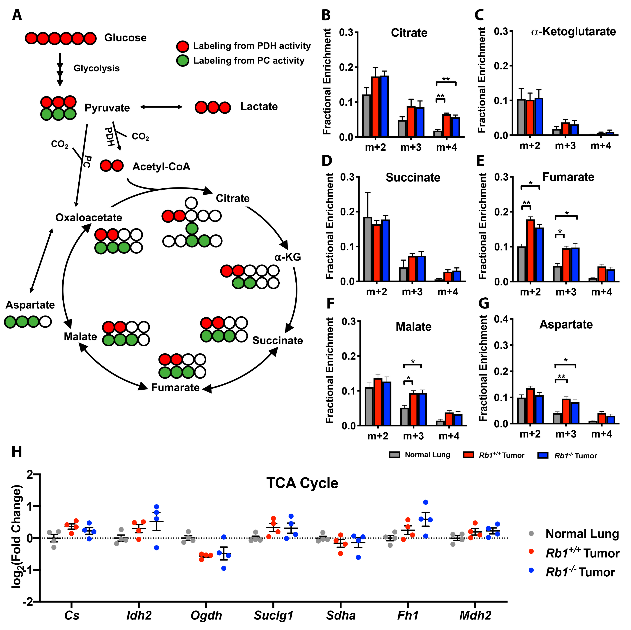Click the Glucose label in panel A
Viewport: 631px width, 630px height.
click(125, 38)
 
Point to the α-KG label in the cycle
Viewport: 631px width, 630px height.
click(287, 257)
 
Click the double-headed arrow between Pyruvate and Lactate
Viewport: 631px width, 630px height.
click(161, 107)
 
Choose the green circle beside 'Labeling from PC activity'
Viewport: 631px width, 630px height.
click(183, 61)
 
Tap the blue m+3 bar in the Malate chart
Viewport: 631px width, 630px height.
click(423, 409)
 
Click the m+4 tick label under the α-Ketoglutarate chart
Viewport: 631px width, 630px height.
click(601, 146)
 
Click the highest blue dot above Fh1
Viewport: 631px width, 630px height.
click(425, 502)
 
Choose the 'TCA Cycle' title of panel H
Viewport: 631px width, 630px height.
click(302, 483)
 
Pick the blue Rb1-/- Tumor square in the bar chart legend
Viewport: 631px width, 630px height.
click(542, 455)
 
